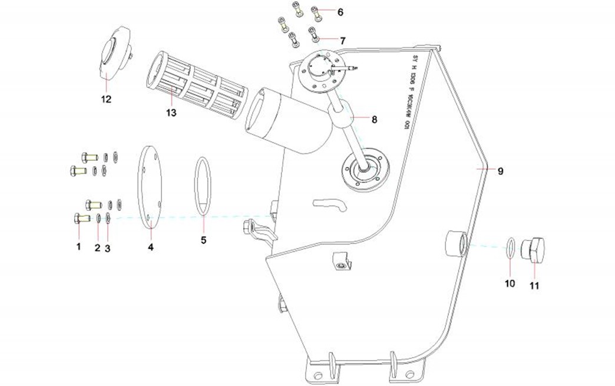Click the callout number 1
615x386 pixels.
[x=78, y=247]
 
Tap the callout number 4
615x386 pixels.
[x=150, y=248]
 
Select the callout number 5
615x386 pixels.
[x=203, y=240]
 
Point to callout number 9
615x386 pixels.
[x=500, y=171]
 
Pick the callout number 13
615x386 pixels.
[x=171, y=112]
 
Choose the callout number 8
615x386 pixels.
[x=373, y=119]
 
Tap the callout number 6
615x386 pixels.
[x=340, y=11]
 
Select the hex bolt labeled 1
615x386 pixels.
[x=79, y=219]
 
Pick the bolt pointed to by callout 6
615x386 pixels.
[x=315, y=11]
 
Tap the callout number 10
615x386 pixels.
[x=510, y=283]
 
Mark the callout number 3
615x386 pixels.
[x=107, y=248]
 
